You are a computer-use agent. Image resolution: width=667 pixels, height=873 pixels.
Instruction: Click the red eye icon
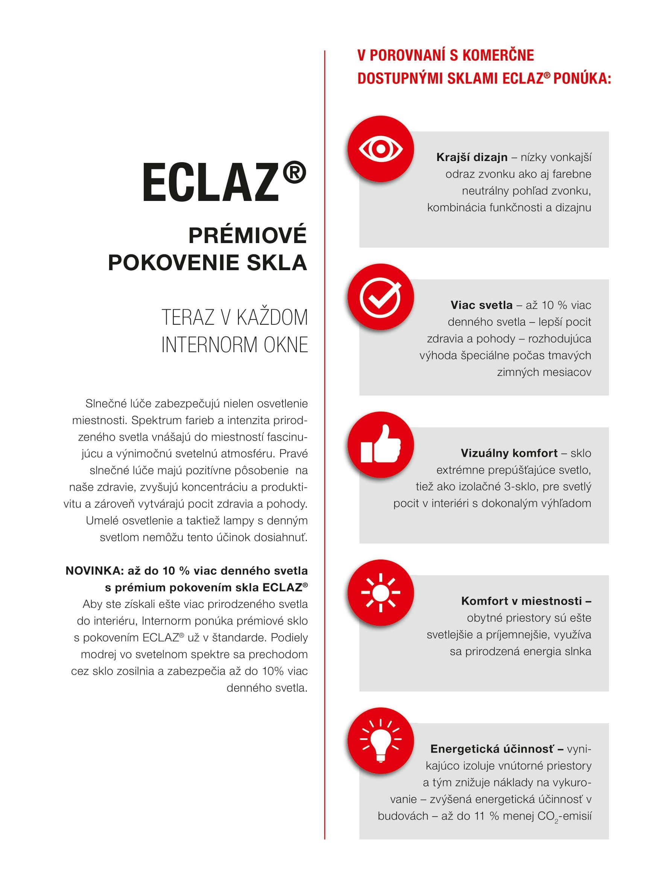click(x=380, y=149)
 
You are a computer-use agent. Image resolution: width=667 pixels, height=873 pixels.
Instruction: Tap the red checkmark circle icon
click(x=380, y=297)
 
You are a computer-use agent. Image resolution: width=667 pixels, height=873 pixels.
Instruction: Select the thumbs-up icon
click(x=380, y=444)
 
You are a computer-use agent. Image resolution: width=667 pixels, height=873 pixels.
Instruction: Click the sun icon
click(x=380, y=592)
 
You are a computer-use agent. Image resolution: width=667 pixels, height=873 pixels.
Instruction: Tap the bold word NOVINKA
click(x=94, y=571)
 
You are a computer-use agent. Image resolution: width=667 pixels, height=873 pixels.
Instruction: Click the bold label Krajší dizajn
click(x=472, y=157)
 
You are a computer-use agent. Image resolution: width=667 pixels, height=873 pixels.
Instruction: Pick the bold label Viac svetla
click(x=481, y=305)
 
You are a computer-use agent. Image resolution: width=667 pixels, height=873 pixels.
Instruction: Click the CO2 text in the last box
click(x=548, y=816)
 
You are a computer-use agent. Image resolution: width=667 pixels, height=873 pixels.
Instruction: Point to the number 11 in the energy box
click(x=480, y=816)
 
